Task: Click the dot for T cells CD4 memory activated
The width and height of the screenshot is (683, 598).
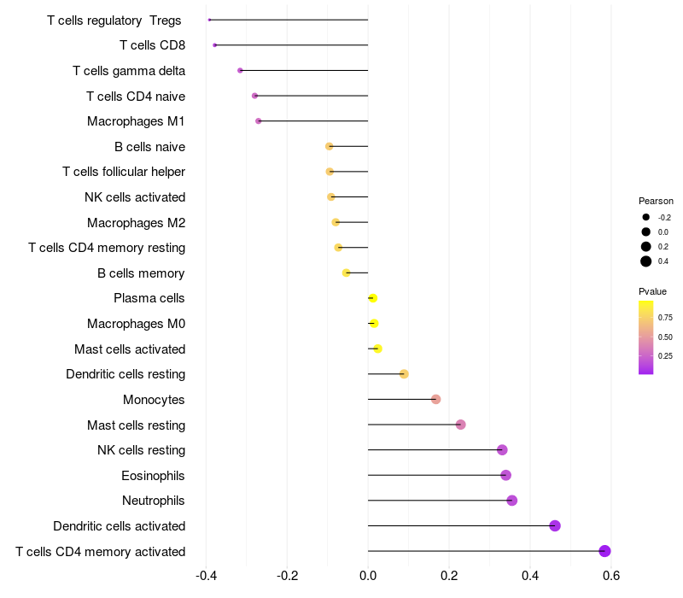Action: (x=605, y=551)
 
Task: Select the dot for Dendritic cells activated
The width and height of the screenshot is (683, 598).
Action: (x=555, y=525)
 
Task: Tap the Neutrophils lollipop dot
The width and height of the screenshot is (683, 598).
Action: (x=512, y=501)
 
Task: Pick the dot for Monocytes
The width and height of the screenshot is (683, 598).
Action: (x=436, y=399)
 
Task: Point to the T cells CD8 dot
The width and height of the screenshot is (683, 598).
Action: (x=215, y=45)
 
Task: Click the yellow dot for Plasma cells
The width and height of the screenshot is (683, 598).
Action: (x=372, y=298)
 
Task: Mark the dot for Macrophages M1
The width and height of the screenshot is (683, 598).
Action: (x=259, y=121)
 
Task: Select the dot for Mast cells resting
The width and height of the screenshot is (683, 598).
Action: (x=461, y=425)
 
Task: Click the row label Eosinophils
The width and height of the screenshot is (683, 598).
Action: (x=153, y=475)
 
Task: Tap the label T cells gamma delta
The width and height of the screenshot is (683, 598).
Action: (x=129, y=71)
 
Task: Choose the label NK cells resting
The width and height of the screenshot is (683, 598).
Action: (x=141, y=450)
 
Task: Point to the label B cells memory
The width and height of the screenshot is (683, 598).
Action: (x=141, y=273)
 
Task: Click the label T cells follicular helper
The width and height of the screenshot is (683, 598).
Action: (x=124, y=172)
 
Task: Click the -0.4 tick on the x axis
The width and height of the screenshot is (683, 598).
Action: (x=206, y=576)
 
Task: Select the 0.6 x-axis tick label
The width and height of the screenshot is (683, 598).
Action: (x=611, y=576)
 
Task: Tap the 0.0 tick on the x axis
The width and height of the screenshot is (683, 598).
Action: (x=368, y=576)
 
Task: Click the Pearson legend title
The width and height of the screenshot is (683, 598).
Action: (x=656, y=201)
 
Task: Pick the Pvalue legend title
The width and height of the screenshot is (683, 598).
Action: (x=653, y=291)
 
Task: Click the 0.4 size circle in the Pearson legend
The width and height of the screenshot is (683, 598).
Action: (x=646, y=261)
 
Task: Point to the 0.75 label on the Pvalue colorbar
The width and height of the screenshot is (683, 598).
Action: (x=665, y=317)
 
